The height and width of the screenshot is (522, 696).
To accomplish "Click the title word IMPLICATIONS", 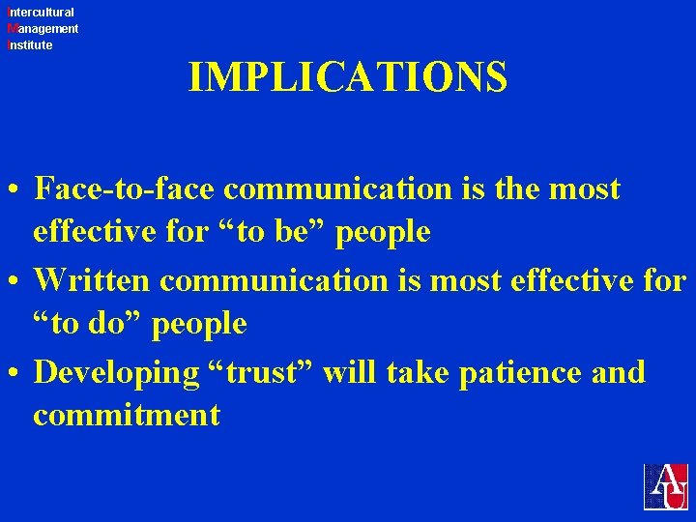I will pos(348,77).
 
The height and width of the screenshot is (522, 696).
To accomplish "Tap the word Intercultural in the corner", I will pos(40,13).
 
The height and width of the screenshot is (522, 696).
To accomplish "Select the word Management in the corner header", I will pos(42,29).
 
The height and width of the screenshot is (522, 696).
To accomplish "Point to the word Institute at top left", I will pos(29,45).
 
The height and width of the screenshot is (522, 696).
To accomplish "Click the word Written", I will pos(92,280).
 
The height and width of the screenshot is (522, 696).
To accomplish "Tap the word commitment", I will pos(127,416).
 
